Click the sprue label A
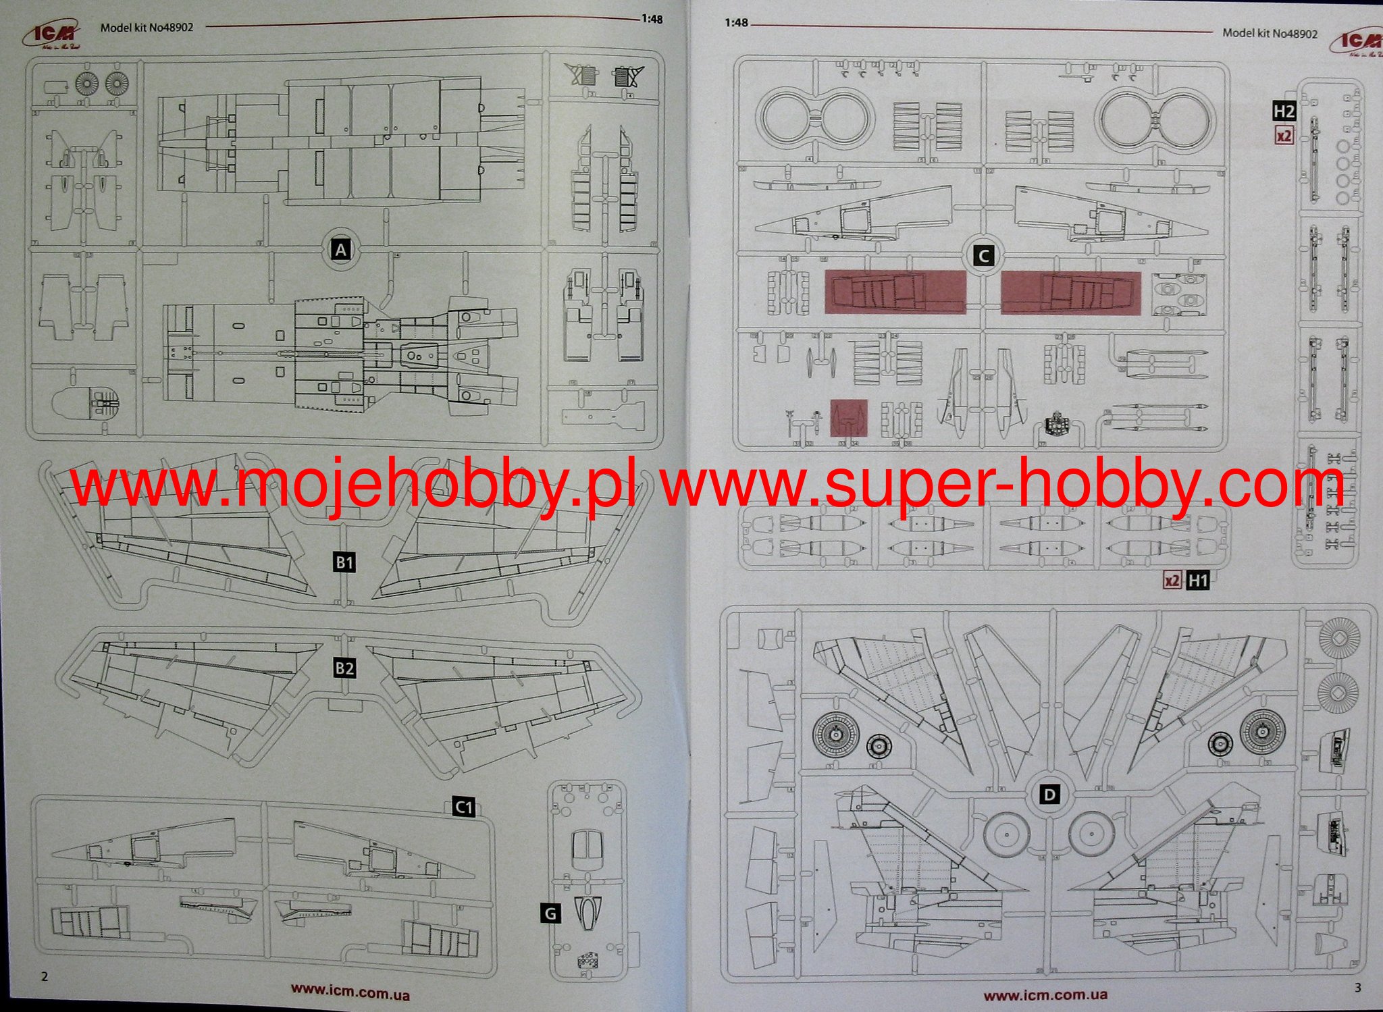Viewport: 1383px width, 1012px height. click(x=341, y=250)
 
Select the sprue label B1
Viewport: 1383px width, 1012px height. click(x=344, y=562)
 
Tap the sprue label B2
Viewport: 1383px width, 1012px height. click(x=344, y=668)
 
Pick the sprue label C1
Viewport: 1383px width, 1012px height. click(x=463, y=807)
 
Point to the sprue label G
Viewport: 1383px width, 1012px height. click(x=551, y=914)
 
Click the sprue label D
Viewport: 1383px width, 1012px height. click(x=1049, y=795)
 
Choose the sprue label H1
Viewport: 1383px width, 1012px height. click(x=1197, y=580)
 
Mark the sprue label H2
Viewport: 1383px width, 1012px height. click(x=1284, y=111)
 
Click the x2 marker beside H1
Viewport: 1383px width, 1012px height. click(x=1172, y=580)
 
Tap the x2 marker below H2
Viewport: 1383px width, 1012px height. click(x=1284, y=135)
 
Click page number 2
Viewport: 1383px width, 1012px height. click(x=45, y=976)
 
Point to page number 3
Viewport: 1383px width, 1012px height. click(x=1357, y=988)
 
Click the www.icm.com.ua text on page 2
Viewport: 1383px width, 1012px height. click(x=350, y=991)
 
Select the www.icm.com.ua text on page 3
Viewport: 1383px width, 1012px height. click(x=1045, y=994)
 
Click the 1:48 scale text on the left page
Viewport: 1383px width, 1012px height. click(x=652, y=20)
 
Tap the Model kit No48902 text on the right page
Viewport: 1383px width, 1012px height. click(x=1270, y=33)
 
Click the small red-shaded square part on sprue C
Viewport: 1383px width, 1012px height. click(x=849, y=419)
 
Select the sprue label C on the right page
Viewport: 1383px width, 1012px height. click(x=984, y=256)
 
